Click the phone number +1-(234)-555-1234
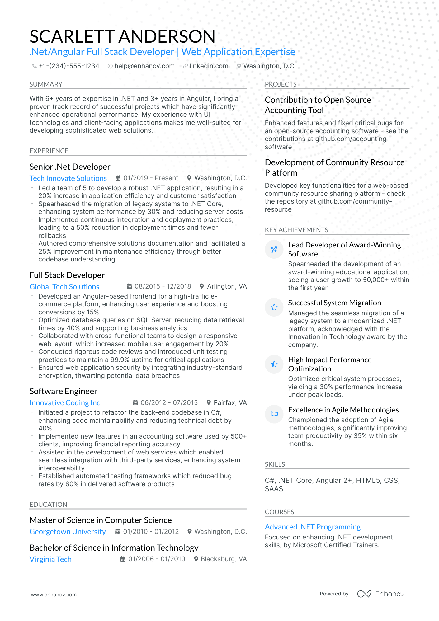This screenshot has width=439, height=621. (x=69, y=66)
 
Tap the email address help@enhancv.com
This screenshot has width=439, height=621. (x=144, y=66)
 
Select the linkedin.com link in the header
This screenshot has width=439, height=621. (x=209, y=66)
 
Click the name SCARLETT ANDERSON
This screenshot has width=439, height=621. (x=122, y=36)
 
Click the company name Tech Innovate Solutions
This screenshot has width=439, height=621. (x=68, y=178)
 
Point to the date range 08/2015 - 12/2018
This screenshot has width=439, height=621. (x=163, y=286)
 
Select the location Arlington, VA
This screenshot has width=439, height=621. (x=227, y=286)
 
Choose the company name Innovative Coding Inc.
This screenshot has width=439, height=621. (x=65, y=403)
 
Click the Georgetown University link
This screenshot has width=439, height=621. (x=68, y=532)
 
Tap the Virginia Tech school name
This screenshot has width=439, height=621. (x=50, y=559)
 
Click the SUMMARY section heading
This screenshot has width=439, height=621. (x=46, y=84)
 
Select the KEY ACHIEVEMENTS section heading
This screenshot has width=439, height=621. (x=296, y=230)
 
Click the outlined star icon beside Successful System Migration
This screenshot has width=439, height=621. (x=274, y=308)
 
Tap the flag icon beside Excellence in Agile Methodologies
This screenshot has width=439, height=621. (x=274, y=414)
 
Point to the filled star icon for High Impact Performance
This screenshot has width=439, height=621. (x=274, y=364)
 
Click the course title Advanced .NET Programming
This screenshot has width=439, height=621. (x=312, y=527)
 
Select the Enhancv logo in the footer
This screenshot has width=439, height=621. (x=380, y=594)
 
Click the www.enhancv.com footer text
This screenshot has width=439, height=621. (x=54, y=595)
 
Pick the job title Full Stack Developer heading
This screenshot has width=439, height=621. (x=67, y=275)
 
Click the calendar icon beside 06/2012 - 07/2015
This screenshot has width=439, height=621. (x=135, y=403)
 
